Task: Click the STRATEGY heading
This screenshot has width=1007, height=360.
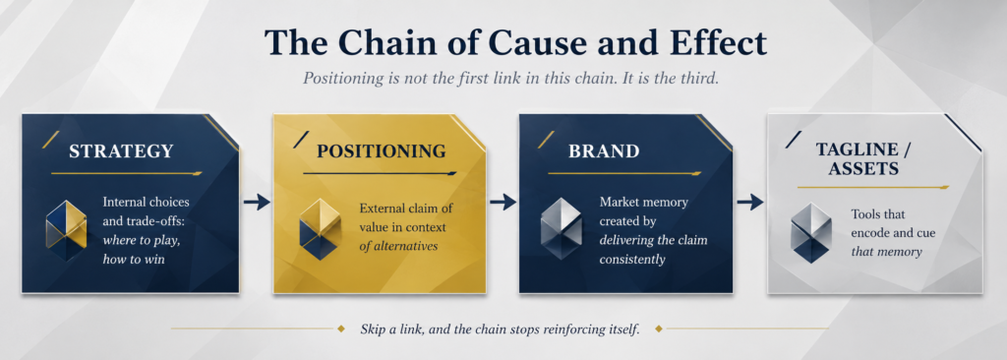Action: point(121,151)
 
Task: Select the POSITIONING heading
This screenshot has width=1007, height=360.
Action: point(381,151)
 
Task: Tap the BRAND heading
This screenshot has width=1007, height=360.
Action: point(604,151)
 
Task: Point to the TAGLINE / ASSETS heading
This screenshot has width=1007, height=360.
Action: point(866,158)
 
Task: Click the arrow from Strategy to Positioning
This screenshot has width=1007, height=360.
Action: point(257,203)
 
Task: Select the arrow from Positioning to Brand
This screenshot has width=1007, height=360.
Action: point(503,203)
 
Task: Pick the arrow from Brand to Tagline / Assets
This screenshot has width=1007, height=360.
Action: point(750,203)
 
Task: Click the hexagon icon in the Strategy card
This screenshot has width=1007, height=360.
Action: point(66,229)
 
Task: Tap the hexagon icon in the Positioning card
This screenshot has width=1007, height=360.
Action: point(320,229)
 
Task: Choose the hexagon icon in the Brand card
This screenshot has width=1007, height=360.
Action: point(562,229)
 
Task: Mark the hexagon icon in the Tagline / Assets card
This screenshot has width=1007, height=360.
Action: point(811,233)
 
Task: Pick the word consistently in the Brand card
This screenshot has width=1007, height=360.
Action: point(632,259)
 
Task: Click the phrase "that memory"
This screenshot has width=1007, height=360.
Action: point(887,251)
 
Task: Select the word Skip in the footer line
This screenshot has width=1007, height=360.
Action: point(373,330)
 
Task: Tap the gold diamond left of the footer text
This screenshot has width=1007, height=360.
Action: point(341,330)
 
